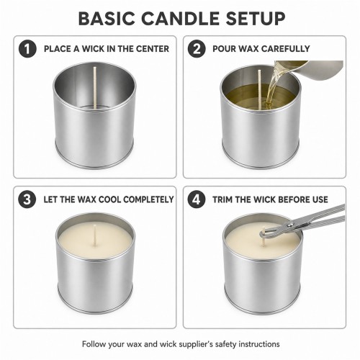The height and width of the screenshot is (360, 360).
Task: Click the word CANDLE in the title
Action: coord(181,19)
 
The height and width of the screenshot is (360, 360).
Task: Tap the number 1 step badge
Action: coord(27,49)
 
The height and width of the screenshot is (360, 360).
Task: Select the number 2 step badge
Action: coord(197,49)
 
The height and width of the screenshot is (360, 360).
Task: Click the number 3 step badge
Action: coord(27,199)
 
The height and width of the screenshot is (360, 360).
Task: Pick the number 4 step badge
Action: coord(197,199)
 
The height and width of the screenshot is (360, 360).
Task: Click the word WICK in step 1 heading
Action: coord(93,49)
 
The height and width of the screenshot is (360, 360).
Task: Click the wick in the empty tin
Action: coord(95,88)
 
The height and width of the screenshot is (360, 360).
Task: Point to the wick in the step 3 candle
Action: coord(95,235)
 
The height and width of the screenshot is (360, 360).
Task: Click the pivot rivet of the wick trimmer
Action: coord(291,225)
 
